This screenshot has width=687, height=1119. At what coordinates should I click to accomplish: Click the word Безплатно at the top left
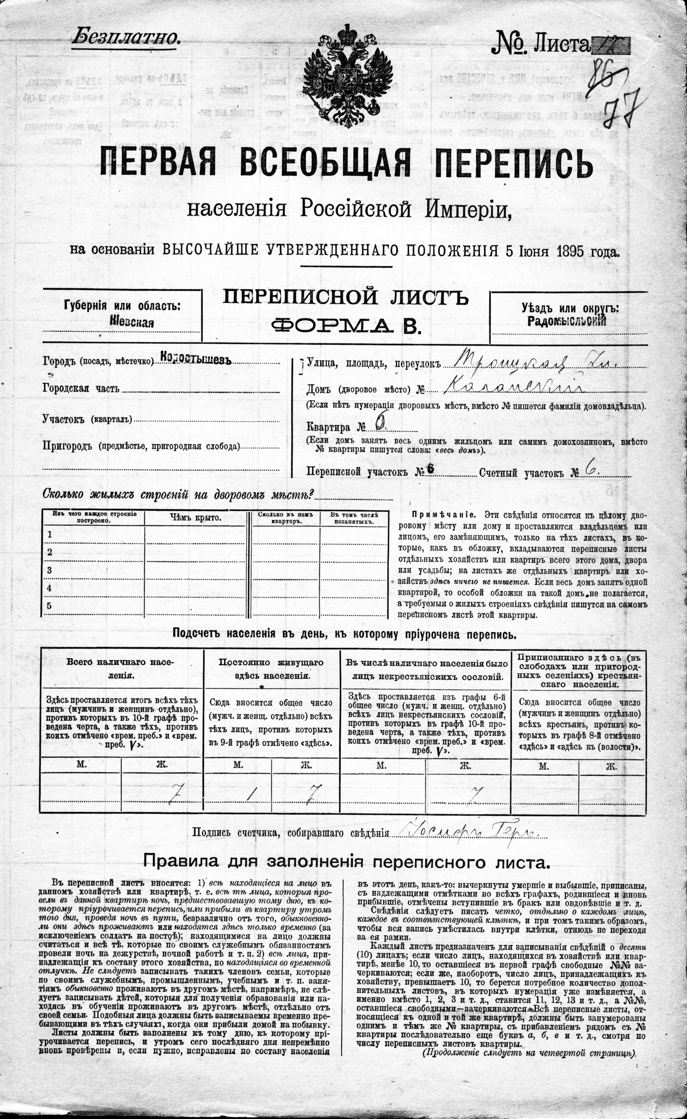point(126,36)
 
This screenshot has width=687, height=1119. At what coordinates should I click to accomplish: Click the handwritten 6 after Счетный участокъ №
point(592,470)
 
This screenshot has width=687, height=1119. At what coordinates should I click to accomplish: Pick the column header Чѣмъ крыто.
point(196,518)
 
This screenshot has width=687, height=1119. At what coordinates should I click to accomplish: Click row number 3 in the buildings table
point(50,570)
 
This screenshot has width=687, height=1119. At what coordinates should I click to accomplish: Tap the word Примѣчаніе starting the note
point(443,515)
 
